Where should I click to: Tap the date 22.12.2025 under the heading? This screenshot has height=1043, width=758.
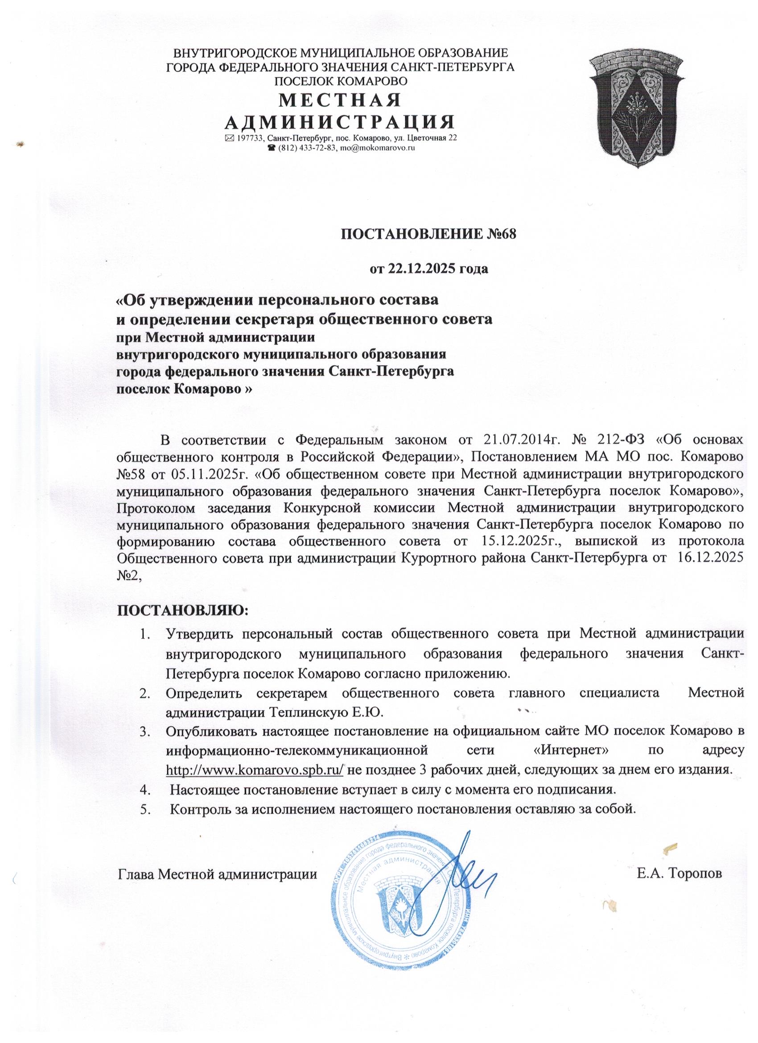tap(415, 268)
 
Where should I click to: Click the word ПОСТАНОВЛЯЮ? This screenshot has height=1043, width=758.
tap(183, 611)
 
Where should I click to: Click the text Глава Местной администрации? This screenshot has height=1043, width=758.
tap(218, 873)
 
